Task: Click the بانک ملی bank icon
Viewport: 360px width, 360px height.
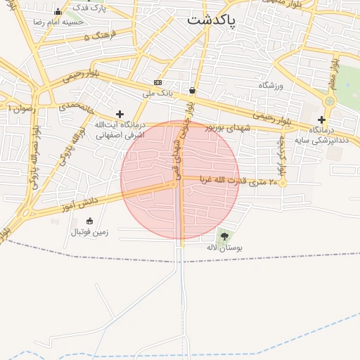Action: pyautogui.click(x=158, y=82)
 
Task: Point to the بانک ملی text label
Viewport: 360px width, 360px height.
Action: pyautogui.click(x=157, y=93)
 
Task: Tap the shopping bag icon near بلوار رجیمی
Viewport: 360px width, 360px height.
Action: pyautogui.click(x=192, y=90)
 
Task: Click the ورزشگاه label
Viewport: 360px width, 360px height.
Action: pyautogui.click(x=270, y=85)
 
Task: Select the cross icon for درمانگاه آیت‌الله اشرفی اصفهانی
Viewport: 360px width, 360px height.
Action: pyautogui.click(x=120, y=114)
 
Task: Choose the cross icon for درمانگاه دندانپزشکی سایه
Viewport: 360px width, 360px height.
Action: pyautogui.click(x=321, y=120)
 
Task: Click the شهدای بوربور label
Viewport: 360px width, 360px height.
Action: pyautogui.click(x=228, y=127)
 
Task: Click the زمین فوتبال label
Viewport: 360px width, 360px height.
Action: pyautogui.click(x=89, y=231)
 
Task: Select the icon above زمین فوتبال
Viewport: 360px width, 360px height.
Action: pyautogui.click(x=89, y=221)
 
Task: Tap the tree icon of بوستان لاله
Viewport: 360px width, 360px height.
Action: pyautogui.click(x=224, y=236)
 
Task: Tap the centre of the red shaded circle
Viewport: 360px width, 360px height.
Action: pyautogui.click(x=180, y=180)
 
